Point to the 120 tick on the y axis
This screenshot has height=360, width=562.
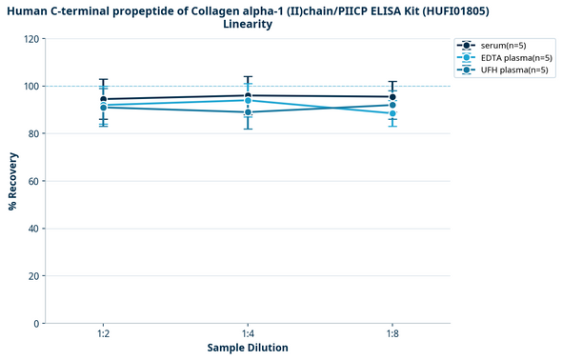33,39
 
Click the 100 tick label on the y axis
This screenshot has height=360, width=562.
33,87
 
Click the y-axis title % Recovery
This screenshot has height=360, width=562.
12,181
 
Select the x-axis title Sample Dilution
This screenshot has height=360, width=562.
248,349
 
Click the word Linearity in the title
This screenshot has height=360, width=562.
248,24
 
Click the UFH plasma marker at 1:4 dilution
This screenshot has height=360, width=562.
248,112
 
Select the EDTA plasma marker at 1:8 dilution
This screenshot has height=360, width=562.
392,113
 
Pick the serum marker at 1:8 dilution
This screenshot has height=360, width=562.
392,97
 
